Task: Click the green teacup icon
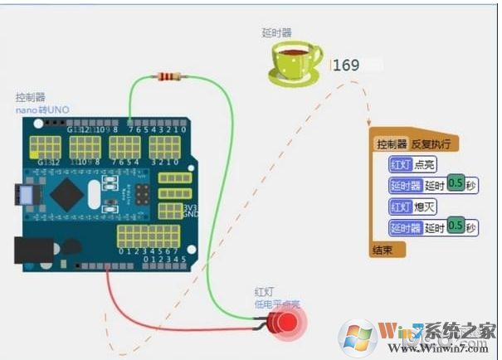click(x=295, y=64)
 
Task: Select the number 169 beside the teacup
click(x=346, y=65)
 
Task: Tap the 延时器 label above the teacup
click(x=275, y=33)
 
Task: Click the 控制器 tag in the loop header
click(x=392, y=144)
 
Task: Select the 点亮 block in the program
click(x=424, y=164)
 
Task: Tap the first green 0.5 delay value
click(x=455, y=184)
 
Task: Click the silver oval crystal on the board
click(x=109, y=182)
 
